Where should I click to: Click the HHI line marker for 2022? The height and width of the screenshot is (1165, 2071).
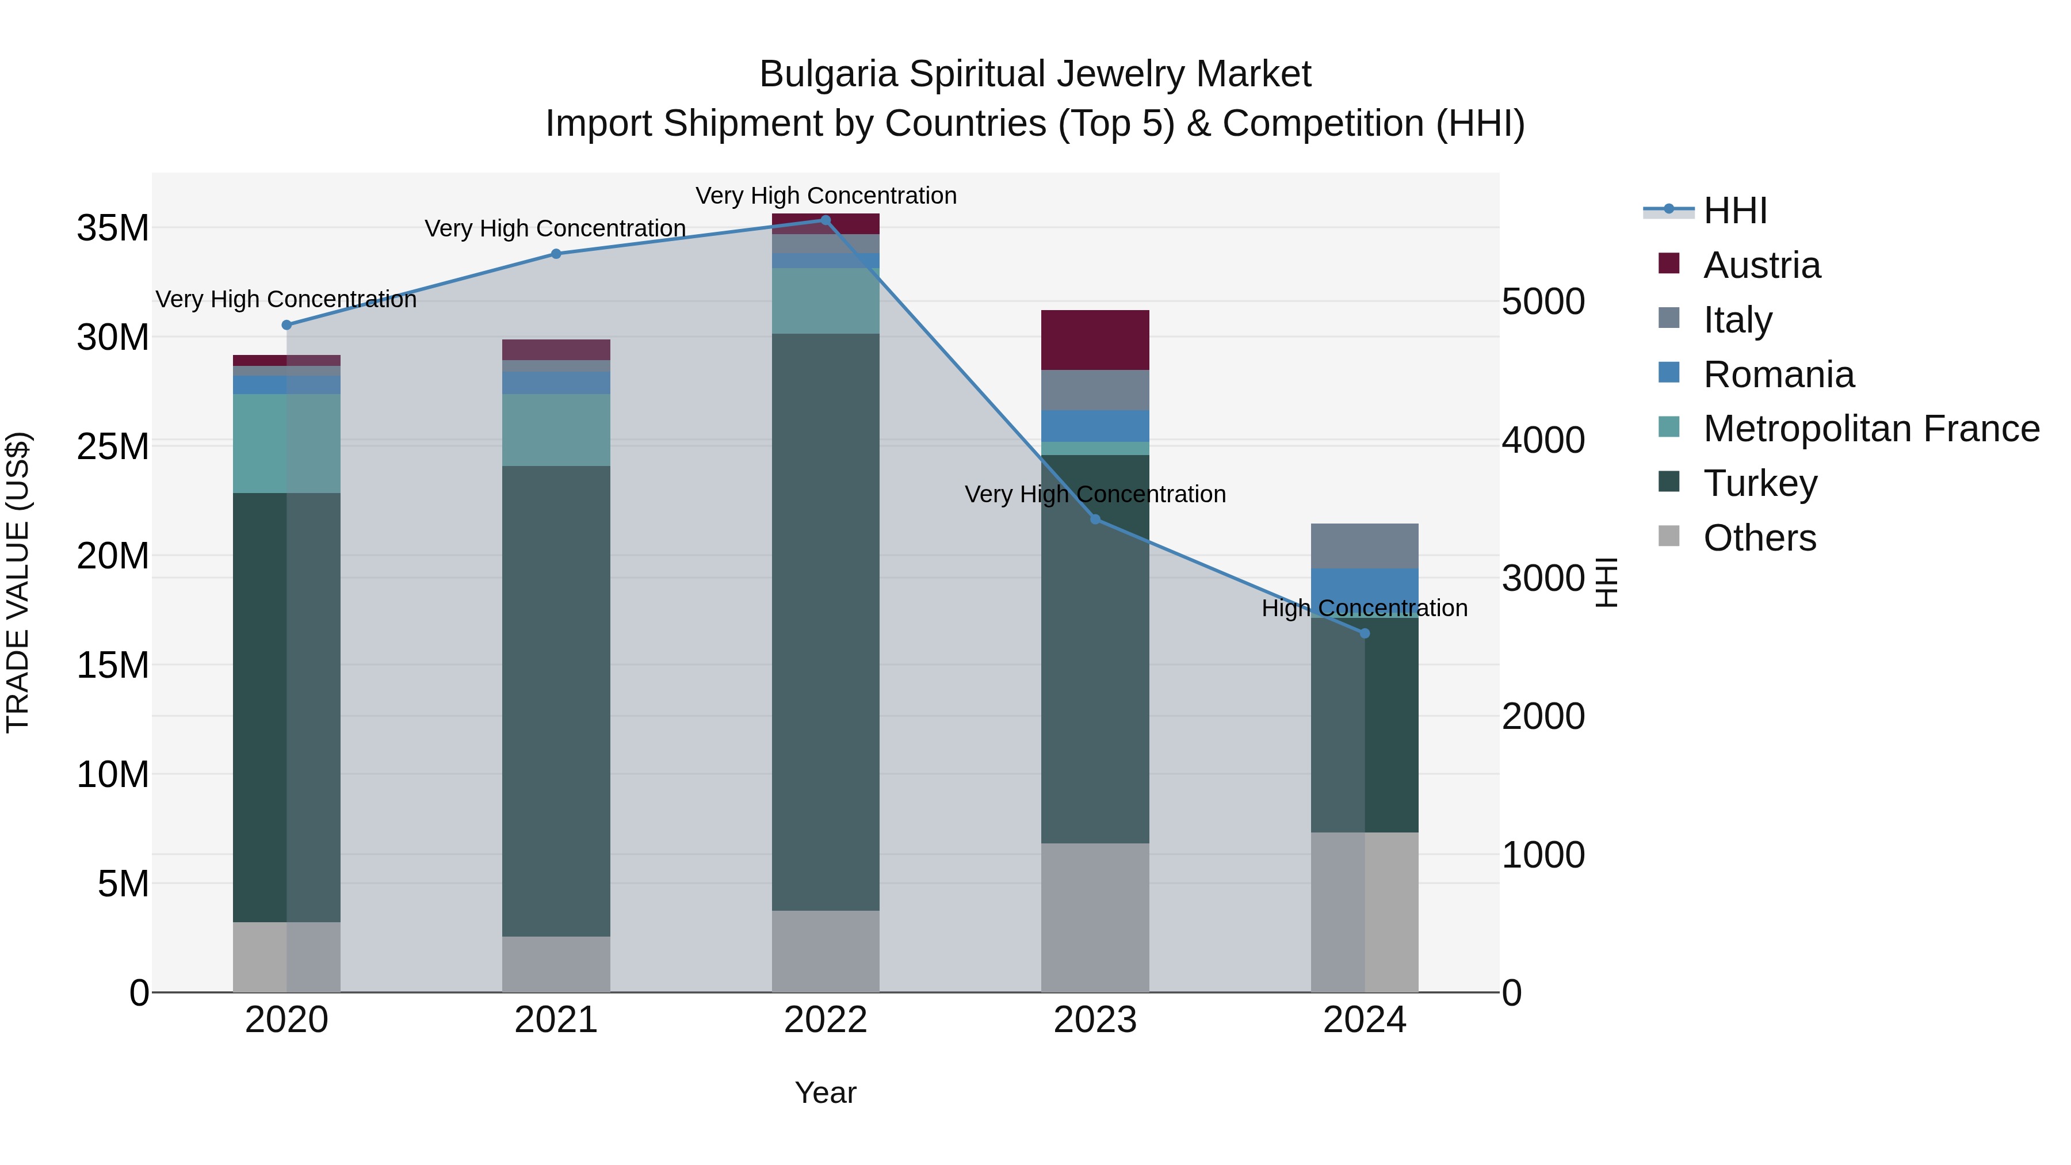pos(825,220)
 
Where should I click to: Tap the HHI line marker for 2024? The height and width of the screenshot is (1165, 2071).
pos(1365,633)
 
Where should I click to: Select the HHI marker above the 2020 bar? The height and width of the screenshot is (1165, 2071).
pos(286,325)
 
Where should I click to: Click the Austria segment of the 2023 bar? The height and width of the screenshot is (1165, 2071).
pos(1095,340)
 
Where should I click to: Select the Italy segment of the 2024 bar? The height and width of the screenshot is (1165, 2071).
pos(1365,546)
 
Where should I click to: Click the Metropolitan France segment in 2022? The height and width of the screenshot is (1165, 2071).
pos(825,301)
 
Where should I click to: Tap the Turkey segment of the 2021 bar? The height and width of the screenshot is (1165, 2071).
pos(556,700)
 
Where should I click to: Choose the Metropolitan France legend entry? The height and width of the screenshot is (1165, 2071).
pos(1871,429)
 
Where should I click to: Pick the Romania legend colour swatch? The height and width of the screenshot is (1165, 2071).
pos(1669,373)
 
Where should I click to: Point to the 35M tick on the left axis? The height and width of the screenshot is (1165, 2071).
pos(113,228)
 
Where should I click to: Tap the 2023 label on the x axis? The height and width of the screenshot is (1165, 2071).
pos(1095,1020)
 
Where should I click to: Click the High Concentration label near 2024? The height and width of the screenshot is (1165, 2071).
pos(1365,608)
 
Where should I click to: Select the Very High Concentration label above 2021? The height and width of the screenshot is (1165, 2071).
pos(556,228)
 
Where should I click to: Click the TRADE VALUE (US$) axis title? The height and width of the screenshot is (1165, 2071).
pos(18,582)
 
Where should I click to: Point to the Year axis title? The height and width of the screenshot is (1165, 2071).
pos(825,1093)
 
